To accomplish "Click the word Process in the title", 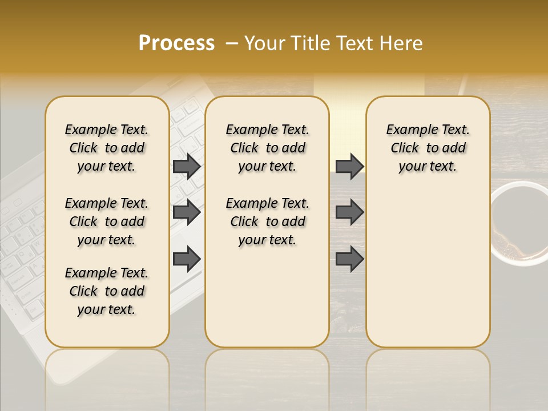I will click(x=176, y=43).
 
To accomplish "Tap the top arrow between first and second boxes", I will click(x=187, y=166).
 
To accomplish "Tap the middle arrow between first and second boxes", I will click(x=187, y=212).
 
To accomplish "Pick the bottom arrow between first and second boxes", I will click(x=187, y=259).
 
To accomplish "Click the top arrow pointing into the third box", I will click(x=349, y=166).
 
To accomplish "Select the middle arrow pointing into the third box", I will click(x=349, y=212).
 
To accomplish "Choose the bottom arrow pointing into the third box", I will click(x=349, y=259).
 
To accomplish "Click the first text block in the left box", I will click(x=107, y=148).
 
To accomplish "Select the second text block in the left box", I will click(x=107, y=221).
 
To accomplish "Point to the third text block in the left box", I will click(x=107, y=291).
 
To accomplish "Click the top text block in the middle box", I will click(x=267, y=148).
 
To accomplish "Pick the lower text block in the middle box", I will click(x=267, y=221).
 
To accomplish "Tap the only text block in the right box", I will click(x=428, y=148).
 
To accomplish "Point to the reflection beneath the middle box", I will click(x=267, y=371).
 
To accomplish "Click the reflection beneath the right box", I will click(x=428, y=371).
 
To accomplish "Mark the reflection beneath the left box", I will click(x=107, y=371).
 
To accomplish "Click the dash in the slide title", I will click(x=231, y=44).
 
